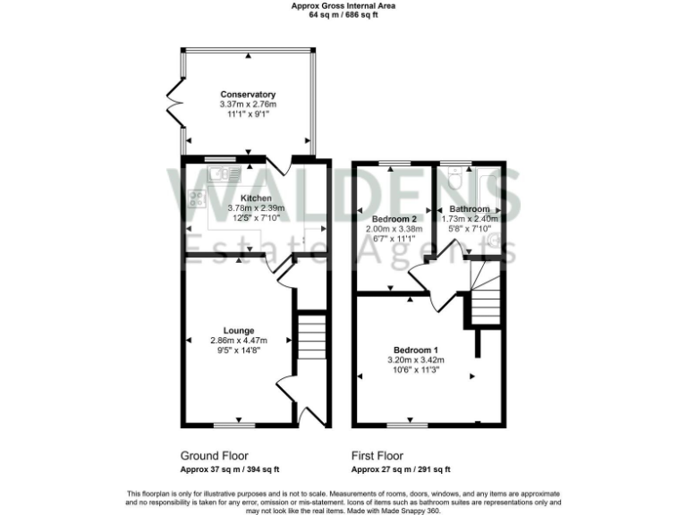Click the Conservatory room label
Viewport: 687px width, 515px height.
(x=248, y=94)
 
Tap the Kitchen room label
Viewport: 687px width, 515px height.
(x=256, y=198)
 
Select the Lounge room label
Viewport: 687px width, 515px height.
(x=240, y=330)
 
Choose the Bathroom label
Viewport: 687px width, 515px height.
(x=470, y=208)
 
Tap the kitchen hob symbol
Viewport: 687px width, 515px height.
(x=196, y=198)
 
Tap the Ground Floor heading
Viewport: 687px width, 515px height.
(x=215, y=455)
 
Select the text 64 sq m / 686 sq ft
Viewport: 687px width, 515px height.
(x=344, y=15)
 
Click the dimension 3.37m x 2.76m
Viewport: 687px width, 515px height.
(x=248, y=104)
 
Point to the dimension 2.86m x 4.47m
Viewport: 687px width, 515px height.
(x=240, y=340)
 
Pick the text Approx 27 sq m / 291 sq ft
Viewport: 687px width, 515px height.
(x=401, y=469)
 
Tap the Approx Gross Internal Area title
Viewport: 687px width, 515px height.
(x=344, y=5)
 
